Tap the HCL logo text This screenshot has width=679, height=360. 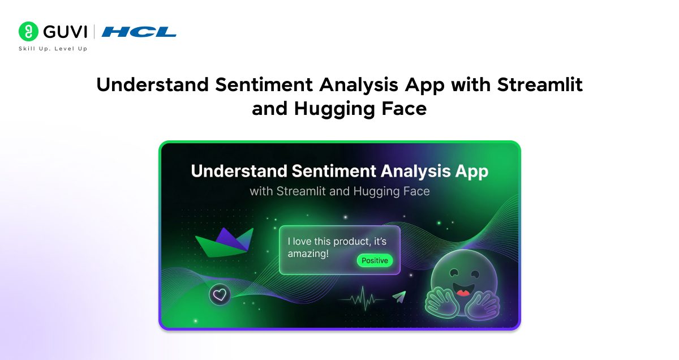pyautogui.click(x=139, y=32)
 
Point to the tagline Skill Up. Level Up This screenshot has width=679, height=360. pyautogui.click(x=53, y=49)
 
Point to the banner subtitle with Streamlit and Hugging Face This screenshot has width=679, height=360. pyautogui.click(x=339, y=191)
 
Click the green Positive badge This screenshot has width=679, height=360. pyautogui.click(x=375, y=260)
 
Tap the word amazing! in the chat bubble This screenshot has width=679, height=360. pyautogui.click(x=308, y=254)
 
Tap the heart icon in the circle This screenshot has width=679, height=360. pyautogui.click(x=220, y=295)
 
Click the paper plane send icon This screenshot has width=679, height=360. pyautogui.click(x=399, y=297)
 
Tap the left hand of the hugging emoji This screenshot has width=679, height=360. pyautogui.click(x=442, y=300)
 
